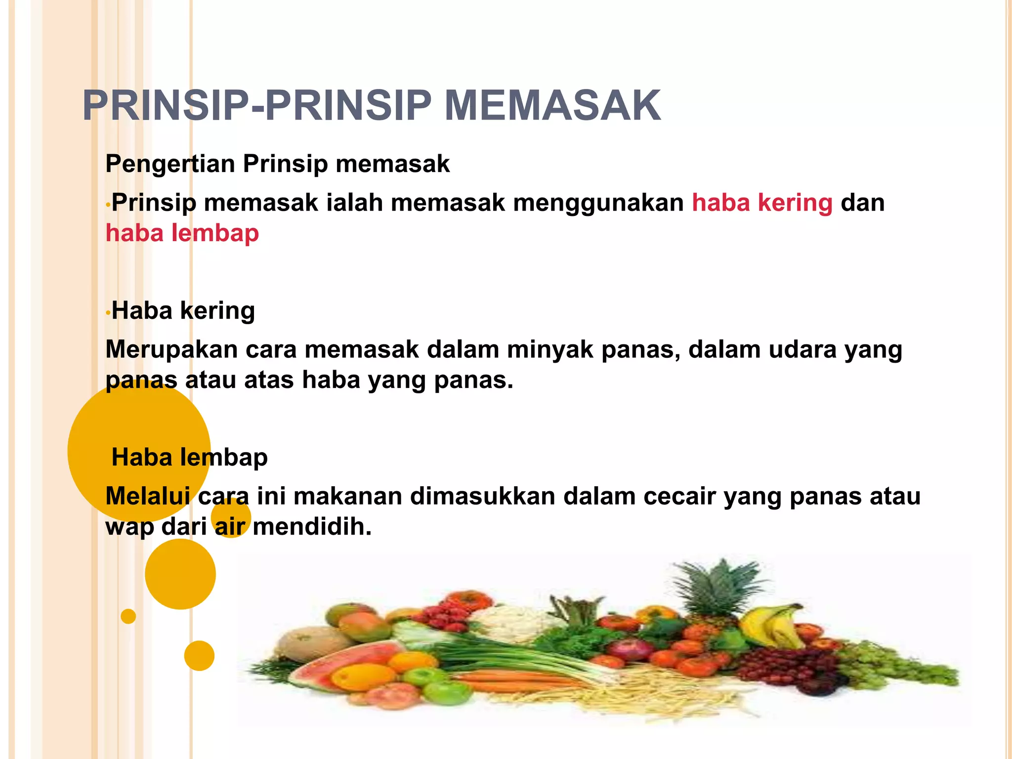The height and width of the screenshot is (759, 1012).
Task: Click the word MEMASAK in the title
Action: pyautogui.click(x=552, y=106)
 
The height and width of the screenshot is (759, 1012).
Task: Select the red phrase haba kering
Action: pyautogui.click(x=762, y=203)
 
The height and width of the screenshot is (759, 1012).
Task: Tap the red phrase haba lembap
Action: pyautogui.click(x=182, y=233)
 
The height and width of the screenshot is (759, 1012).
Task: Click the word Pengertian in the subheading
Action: pyautogui.click(x=170, y=164)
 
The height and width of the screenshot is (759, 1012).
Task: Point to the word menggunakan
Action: pyautogui.click(x=598, y=203)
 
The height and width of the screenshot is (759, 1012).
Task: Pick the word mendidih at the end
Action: pyautogui.click(x=312, y=527)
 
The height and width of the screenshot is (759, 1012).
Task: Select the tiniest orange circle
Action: pyautogui.click(x=128, y=616)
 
